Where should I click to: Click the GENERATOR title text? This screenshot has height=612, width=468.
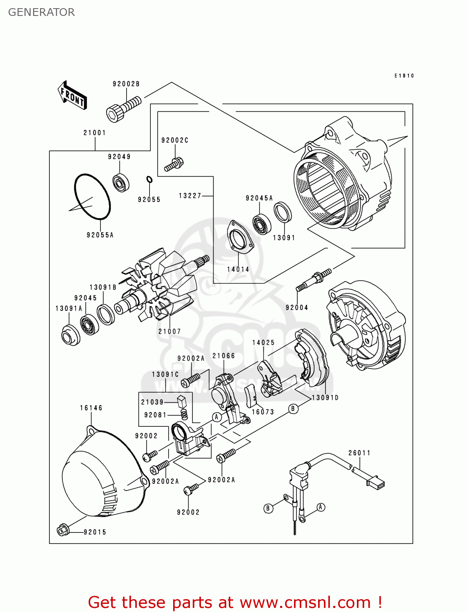[41, 12]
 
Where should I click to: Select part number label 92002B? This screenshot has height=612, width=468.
[126, 84]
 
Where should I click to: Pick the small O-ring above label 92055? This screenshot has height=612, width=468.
[149, 180]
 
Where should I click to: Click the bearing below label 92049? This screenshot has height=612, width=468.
[121, 182]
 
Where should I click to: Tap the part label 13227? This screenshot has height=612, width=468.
[190, 196]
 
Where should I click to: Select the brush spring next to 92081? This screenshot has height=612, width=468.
[185, 415]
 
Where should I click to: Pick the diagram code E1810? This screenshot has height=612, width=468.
[404, 76]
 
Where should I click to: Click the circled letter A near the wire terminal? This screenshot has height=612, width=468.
[321, 507]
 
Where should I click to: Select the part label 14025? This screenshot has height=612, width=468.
[263, 343]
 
